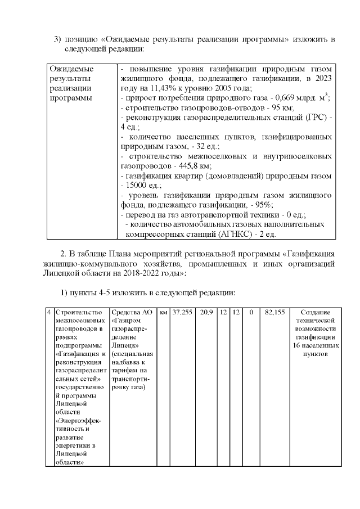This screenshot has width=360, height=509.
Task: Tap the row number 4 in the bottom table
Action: pos(49,312)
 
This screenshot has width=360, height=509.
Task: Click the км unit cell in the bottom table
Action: pos(163,312)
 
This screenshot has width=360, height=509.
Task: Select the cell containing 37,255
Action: pos(182,312)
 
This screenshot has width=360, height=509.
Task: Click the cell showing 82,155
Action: pos(275,312)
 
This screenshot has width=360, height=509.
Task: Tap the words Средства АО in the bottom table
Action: pos(132,312)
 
